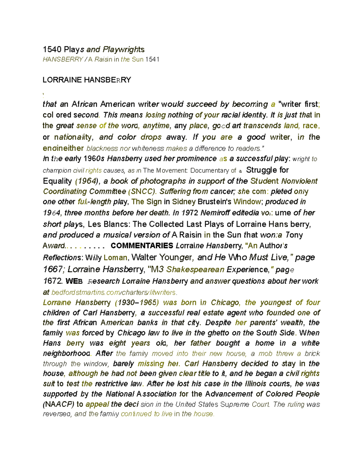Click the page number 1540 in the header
coord(52,49)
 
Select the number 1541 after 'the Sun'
coord(152,59)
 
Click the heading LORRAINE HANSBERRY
coord(87,80)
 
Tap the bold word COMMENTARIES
coord(142,245)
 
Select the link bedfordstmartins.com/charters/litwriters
coord(114,293)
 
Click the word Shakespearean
coord(195,269)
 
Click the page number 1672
coord(53,281)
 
